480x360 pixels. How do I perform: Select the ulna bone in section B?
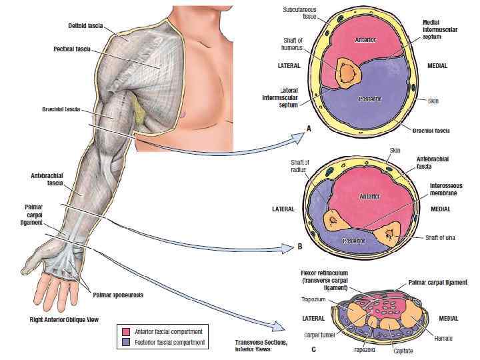(x=387, y=235)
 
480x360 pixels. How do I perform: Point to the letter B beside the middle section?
(x=300, y=246)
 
